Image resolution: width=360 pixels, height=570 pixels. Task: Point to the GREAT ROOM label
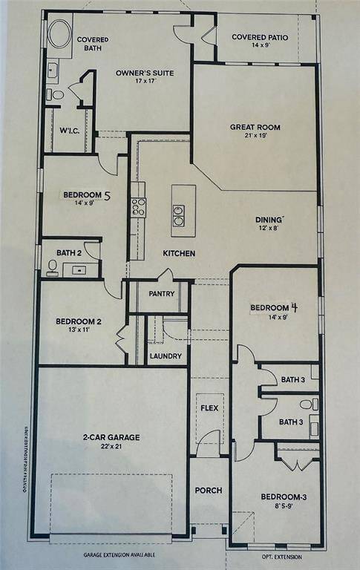(x=255, y=127)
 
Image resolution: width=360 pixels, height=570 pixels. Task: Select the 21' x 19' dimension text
(x=255, y=137)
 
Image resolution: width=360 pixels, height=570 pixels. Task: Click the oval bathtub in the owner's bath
(x=59, y=33)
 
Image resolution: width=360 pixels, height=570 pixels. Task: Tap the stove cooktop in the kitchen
(x=139, y=207)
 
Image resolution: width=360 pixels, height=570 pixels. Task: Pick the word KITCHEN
(x=180, y=254)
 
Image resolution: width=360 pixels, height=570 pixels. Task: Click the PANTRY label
(x=162, y=293)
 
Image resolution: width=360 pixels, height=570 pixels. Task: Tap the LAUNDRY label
(x=165, y=356)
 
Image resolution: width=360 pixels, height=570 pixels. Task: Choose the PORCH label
(x=208, y=491)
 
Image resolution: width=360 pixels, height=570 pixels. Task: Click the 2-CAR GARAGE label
(x=111, y=437)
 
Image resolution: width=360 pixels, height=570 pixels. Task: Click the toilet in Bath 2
(x=53, y=268)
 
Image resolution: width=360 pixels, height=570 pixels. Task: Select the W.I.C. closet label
(x=70, y=131)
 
